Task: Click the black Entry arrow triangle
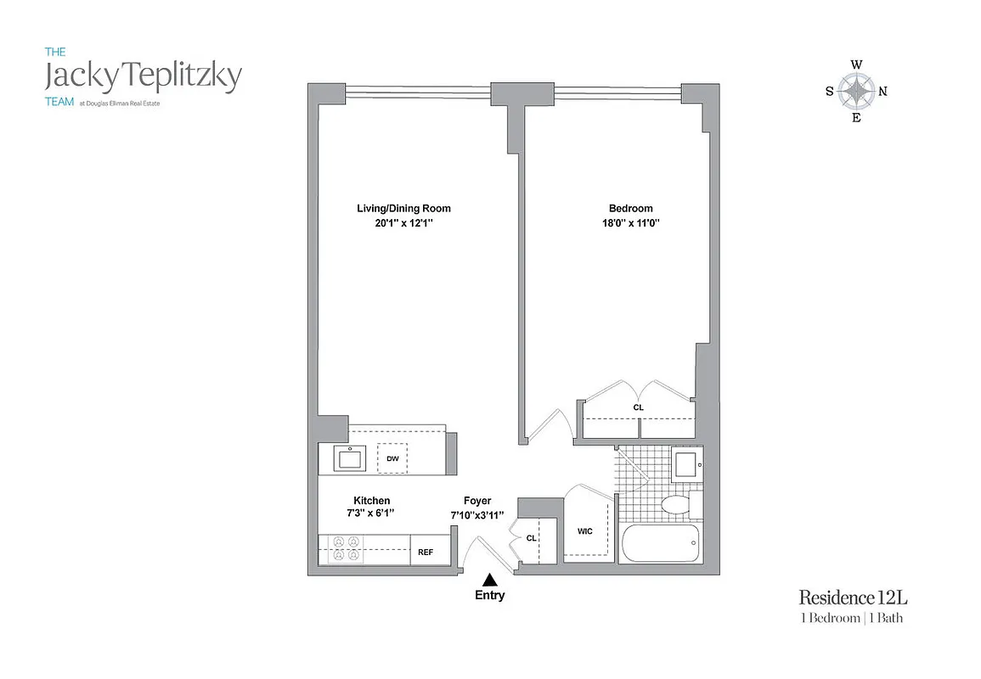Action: pos(489,581)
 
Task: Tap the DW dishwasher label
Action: pos(392,458)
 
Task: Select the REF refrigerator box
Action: pos(426,553)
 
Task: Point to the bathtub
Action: pos(660,543)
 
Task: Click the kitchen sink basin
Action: pos(348,459)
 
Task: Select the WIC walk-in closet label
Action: pos(584,531)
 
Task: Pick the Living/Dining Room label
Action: pos(403,208)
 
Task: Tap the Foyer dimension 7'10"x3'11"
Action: pos(477,515)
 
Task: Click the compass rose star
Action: pos(856,91)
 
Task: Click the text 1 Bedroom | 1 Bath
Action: pos(852,618)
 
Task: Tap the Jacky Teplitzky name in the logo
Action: pos(143,76)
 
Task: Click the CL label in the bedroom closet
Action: pos(639,407)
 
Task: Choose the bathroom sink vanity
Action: pos(685,464)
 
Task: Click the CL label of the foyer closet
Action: pos(531,537)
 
